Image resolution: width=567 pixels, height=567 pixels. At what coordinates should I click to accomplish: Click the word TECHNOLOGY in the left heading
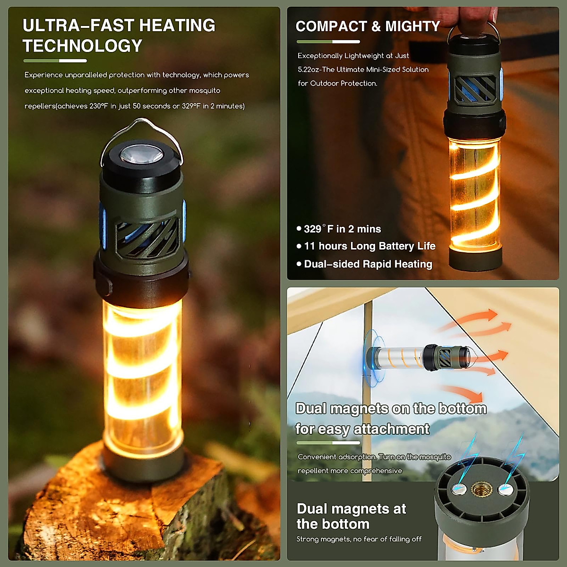[x=82, y=46]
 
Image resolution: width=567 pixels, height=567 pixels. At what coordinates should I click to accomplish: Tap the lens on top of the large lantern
[x=141, y=155]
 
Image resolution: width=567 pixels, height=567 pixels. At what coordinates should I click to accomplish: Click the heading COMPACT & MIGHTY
[x=368, y=26]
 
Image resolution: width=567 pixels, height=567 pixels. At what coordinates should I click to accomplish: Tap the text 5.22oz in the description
[x=309, y=69]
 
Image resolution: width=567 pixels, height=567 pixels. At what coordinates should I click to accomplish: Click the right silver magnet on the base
[x=505, y=490]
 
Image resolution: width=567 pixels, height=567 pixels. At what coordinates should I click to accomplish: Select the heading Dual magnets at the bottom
[x=351, y=516]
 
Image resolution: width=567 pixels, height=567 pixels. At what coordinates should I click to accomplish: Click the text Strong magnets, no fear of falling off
[x=359, y=539]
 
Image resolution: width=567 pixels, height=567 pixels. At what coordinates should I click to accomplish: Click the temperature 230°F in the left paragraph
[x=100, y=106]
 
